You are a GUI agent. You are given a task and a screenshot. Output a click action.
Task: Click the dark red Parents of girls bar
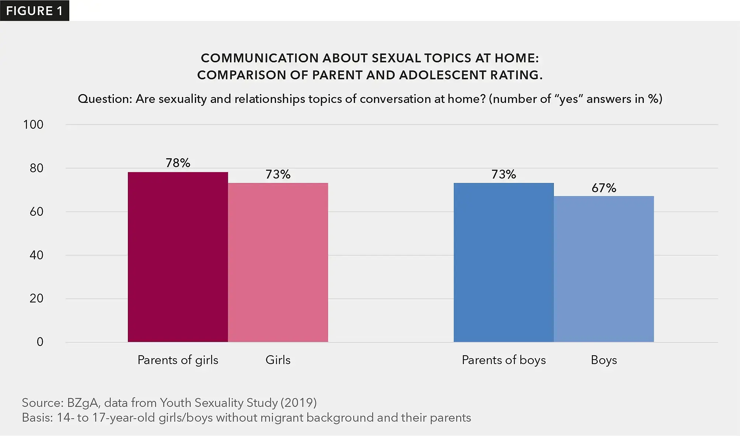pos(178,257)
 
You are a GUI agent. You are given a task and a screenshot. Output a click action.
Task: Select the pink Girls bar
pos(278,263)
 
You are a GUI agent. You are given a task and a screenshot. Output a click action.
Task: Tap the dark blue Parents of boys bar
pos(503,263)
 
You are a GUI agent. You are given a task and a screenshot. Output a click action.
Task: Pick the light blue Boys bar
pos(604,269)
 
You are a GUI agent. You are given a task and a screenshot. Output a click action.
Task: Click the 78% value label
pos(178,163)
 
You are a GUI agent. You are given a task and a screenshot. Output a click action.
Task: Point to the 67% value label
pos(604,188)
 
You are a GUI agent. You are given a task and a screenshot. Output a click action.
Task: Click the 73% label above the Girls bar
pos(278,174)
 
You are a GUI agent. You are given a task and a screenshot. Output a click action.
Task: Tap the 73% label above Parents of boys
pos(503,174)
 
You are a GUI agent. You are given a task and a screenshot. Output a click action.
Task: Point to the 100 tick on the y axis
pos(33,125)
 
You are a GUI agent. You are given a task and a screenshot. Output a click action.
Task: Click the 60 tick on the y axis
pos(36,212)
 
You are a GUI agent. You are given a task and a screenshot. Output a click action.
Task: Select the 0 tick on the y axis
pos(40,342)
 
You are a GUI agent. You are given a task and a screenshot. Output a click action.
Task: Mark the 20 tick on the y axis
pos(36,298)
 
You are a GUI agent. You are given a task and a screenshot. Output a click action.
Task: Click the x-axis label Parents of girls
pos(178,360)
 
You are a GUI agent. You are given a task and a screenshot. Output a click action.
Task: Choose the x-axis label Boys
pos(604,360)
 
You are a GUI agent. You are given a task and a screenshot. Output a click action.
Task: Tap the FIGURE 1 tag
pos(34,11)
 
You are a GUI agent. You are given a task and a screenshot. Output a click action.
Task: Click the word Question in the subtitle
pos(104,99)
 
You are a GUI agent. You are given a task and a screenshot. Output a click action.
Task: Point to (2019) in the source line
pos(299,402)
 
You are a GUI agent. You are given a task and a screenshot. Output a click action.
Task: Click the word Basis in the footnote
pos(37,418)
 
